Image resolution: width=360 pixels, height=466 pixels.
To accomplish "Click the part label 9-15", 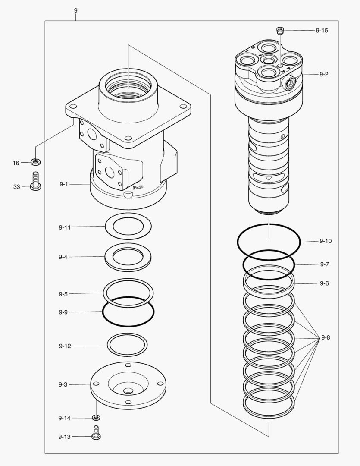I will pyautogui.click(x=322, y=31).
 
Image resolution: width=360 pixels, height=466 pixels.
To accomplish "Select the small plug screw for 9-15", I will pyautogui.click(x=280, y=30).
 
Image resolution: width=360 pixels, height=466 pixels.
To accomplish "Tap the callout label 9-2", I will pyautogui.click(x=324, y=74).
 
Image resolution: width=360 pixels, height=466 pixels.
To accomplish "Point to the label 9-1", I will pyautogui.click(x=64, y=184).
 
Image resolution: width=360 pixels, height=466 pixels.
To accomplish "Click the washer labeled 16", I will pyautogui.click(x=36, y=162).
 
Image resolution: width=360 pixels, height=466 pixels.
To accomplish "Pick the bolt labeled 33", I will pyautogui.click(x=36, y=181).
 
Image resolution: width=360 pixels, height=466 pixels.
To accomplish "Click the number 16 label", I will pyautogui.click(x=16, y=163).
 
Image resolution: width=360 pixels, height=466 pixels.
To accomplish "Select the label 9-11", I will pyautogui.click(x=65, y=227).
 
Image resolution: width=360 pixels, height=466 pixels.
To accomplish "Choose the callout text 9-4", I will pyautogui.click(x=63, y=257).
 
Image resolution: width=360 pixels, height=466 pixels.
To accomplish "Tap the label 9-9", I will pyautogui.click(x=63, y=312).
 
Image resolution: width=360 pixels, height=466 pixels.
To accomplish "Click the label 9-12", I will pyautogui.click(x=65, y=346).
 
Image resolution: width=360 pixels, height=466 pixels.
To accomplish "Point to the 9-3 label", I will pyautogui.click(x=63, y=384).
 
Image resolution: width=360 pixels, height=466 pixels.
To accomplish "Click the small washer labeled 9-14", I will pyautogui.click(x=96, y=417).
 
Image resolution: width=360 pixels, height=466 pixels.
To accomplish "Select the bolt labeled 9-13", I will pyautogui.click(x=96, y=432).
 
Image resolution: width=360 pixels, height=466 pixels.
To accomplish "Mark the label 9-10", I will pyautogui.click(x=326, y=241).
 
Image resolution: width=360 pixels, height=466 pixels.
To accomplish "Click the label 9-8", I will pyautogui.click(x=326, y=338).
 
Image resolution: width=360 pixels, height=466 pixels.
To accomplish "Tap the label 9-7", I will pyautogui.click(x=324, y=264).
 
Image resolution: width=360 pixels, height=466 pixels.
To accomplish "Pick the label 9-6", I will pyautogui.click(x=324, y=283).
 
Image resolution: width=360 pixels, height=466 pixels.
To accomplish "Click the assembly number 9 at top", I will pyautogui.click(x=76, y=10).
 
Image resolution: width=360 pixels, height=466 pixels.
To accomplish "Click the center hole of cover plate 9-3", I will pyautogui.click(x=128, y=391).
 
